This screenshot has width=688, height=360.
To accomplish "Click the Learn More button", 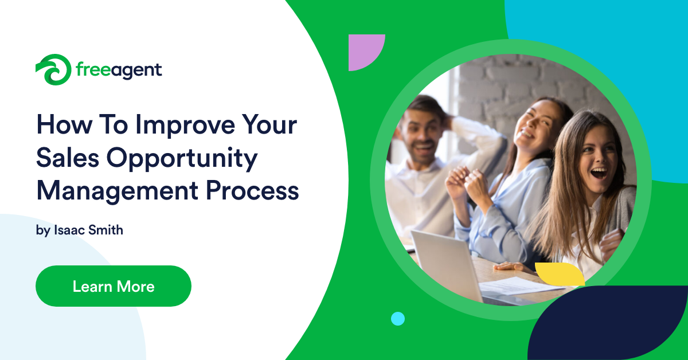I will tap(113, 286).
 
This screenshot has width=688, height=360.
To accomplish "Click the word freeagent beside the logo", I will tap(119, 71).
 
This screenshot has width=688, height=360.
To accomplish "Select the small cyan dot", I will tap(397, 319).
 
